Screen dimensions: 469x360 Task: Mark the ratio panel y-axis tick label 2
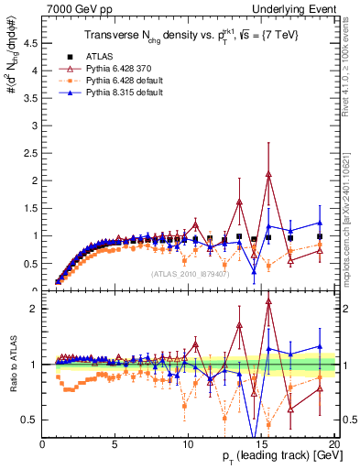click(35, 309)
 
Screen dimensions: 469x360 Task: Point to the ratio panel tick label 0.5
click(32, 420)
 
